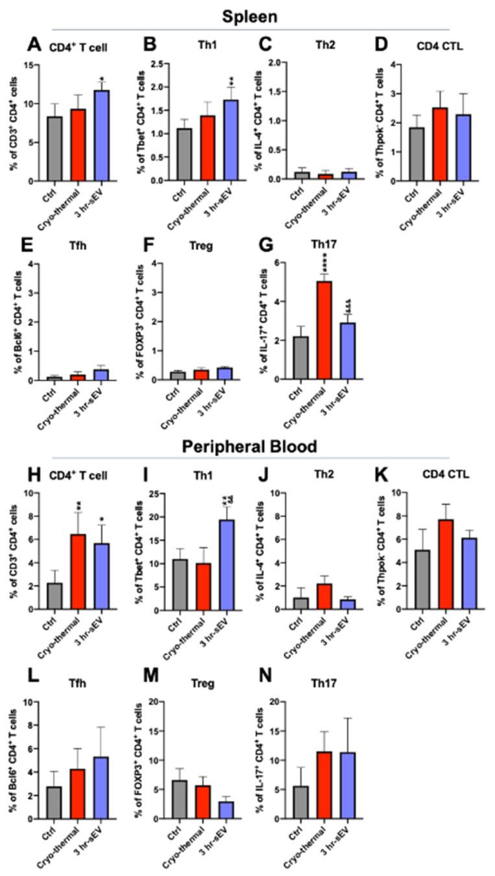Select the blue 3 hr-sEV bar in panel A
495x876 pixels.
click(101, 136)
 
